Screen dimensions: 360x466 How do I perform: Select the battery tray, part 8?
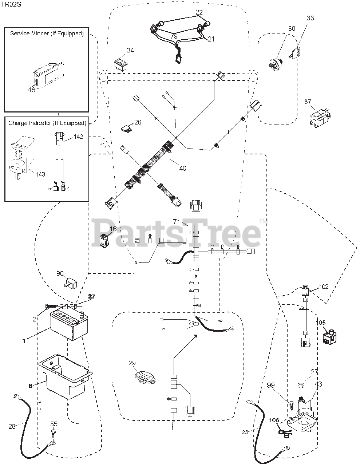tap(66, 375)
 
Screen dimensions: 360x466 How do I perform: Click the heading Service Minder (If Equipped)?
tap(47, 33)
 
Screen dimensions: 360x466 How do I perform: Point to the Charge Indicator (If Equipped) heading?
tap(47, 123)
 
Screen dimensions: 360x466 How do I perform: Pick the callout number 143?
tap(40, 174)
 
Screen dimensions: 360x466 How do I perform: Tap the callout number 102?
tap(323, 287)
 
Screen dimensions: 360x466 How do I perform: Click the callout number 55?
tap(54, 424)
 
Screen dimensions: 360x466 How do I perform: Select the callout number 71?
tap(177, 221)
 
